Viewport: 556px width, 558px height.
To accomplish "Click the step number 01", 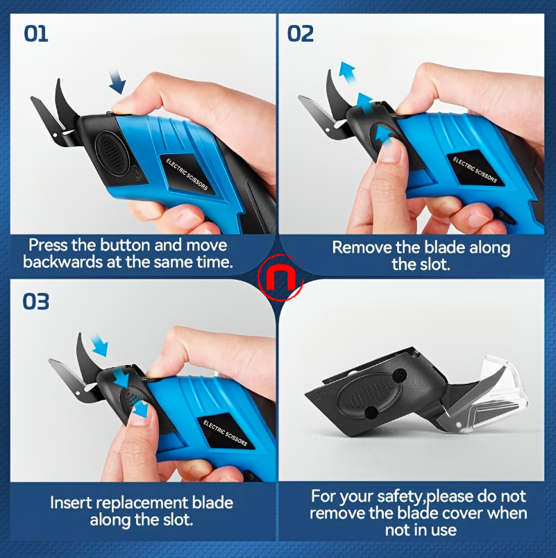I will (x=36, y=33).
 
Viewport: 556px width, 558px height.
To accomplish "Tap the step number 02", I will (x=301, y=33).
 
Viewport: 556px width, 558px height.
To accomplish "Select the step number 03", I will (x=37, y=302).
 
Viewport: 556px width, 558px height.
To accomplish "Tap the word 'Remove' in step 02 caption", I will (x=363, y=247).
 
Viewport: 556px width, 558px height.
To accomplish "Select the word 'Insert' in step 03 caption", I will (x=71, y=502).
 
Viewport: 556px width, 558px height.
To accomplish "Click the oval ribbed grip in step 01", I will (x=108, y=147).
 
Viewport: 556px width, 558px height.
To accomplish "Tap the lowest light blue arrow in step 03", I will (x=142, y=410).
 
